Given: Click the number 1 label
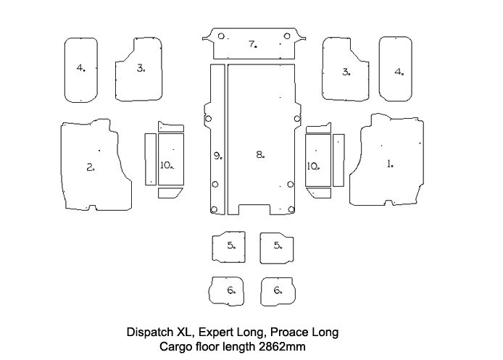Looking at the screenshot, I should (x=389, y=164).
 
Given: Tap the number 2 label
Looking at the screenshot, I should (x=90, y=167).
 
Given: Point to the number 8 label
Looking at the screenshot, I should (x=259, y=154).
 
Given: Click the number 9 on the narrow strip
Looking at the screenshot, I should (x=217, y=155).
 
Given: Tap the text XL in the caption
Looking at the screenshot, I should (x=186, y=332).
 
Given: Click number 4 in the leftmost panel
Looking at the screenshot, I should (x=80, y=69).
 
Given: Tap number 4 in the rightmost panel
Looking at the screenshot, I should (x=398, y=72).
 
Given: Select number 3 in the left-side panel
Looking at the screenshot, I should (x=140, y=69).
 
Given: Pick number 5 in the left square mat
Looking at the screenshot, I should (x=230, y=246).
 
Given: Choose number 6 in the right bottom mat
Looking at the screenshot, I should (x=278, y=290).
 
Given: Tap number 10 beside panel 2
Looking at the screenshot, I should (x=166, y=165).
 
